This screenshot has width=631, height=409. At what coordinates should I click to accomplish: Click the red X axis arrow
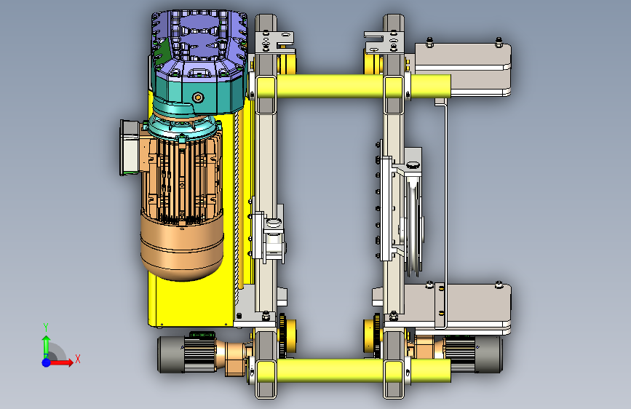click(x=60, y=362)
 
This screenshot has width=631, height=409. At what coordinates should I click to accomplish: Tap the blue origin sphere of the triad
click(x=47, y=362)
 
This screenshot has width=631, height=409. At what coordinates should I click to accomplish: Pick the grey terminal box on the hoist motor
click(x=130, y=148)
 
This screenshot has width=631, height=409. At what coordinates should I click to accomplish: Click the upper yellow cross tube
click(x=353, y=87)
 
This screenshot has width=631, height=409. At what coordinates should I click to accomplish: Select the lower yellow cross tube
click(x=353, y=370)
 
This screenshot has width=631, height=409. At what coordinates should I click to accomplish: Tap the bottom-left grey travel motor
click(x=187, y=354)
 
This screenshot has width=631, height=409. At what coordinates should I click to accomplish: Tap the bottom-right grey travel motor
click(x=473, y=354)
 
